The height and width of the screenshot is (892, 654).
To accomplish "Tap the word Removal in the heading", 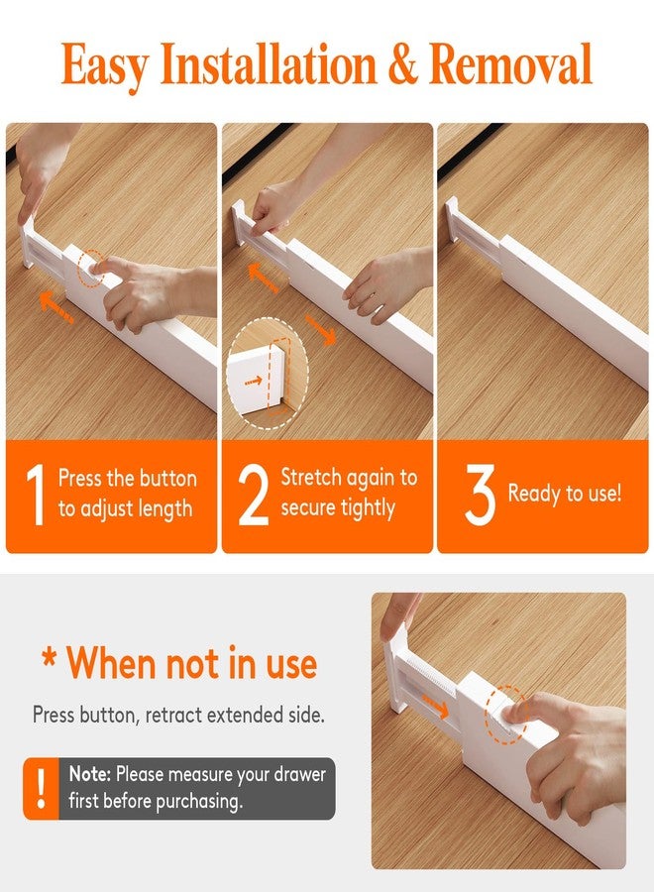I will click(x=510, y=64).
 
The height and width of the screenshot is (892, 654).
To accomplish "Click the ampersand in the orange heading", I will click(x=401, y=65).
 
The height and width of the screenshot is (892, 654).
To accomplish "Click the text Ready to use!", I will click(x=565, y=494).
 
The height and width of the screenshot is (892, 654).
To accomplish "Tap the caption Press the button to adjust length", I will click(x=127, y=494).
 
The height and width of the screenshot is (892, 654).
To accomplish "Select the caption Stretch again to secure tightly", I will click(x=349, y=493).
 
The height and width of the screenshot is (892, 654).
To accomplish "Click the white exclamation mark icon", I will click(x=41, y=788).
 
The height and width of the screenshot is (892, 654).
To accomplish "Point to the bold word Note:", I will click(x=90, y=774).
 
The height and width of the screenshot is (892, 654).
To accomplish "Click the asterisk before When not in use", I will click(x=49, y=662).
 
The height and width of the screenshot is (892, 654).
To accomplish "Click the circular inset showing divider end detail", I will click(x=268, y=373).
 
